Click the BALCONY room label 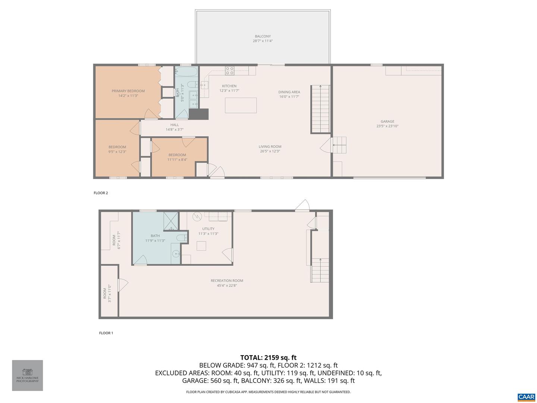(263, 36)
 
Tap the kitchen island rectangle (241, 105)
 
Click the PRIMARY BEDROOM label (128, 91)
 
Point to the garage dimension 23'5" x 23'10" (387, 126)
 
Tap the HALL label (175, 125)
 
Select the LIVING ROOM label (270, 147)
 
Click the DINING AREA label (289, 92)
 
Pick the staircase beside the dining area (321, 108)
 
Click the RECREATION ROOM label (227, 281)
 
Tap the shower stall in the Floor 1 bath (171, 221)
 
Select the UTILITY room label (208, 229)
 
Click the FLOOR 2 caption (101, 193)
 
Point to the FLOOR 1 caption (106, 333)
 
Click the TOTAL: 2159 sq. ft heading (268, 357)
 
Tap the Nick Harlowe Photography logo (28, 375)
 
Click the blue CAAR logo (526, 397)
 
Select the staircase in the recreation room (320, 270)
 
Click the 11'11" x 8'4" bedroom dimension (177, 160)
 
